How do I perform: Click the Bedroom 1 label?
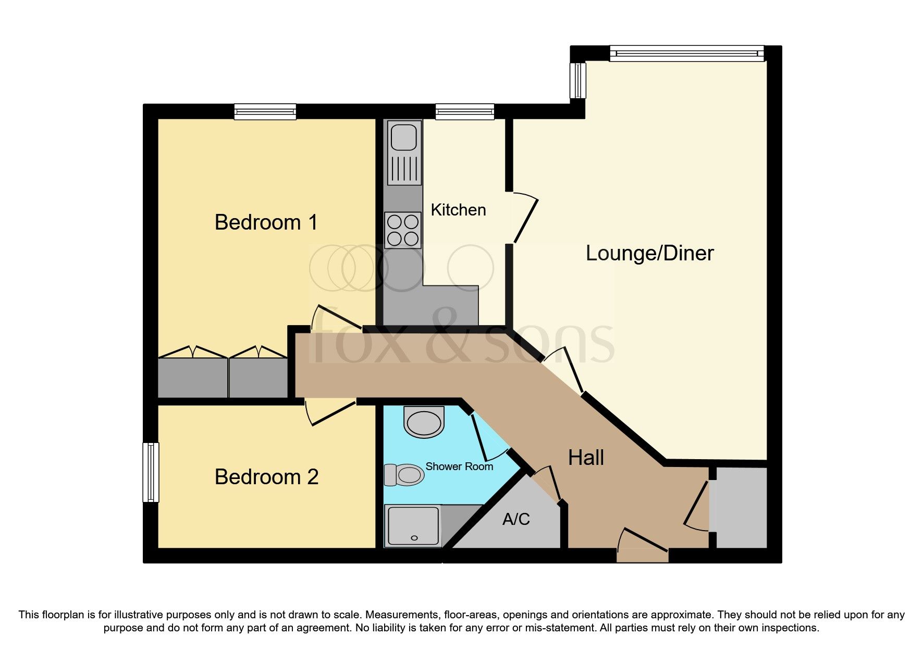[266, 223]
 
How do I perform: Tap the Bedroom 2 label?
[266, 477]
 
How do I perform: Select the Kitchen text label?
[458, 210]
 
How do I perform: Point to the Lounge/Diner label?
[649, 253]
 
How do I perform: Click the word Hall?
[586, 458]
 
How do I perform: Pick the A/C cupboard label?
[516, 519]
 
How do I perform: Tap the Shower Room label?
[459, 466]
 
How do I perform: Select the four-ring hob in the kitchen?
[403, 230]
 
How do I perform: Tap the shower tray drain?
[415, 537]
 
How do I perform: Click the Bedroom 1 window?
[265, 111]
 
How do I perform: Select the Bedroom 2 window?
[151, 472]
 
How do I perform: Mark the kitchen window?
[464, 111]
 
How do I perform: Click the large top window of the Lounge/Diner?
[686, 53]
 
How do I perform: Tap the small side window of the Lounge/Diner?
[577, 80]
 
